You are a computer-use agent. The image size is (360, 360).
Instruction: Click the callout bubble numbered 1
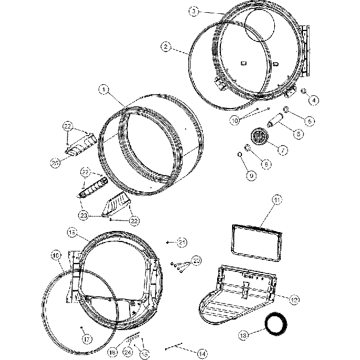point(104,88)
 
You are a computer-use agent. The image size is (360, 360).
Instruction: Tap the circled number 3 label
point(193,11)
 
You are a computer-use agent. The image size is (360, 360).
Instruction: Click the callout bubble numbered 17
point(87,339)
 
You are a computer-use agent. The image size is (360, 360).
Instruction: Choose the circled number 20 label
point(196,260)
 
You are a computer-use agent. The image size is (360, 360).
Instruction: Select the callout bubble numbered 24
point(128,352)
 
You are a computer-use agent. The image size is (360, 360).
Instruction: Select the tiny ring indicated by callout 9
point(241,153)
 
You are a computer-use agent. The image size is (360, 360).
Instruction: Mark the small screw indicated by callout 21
point(168,243)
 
